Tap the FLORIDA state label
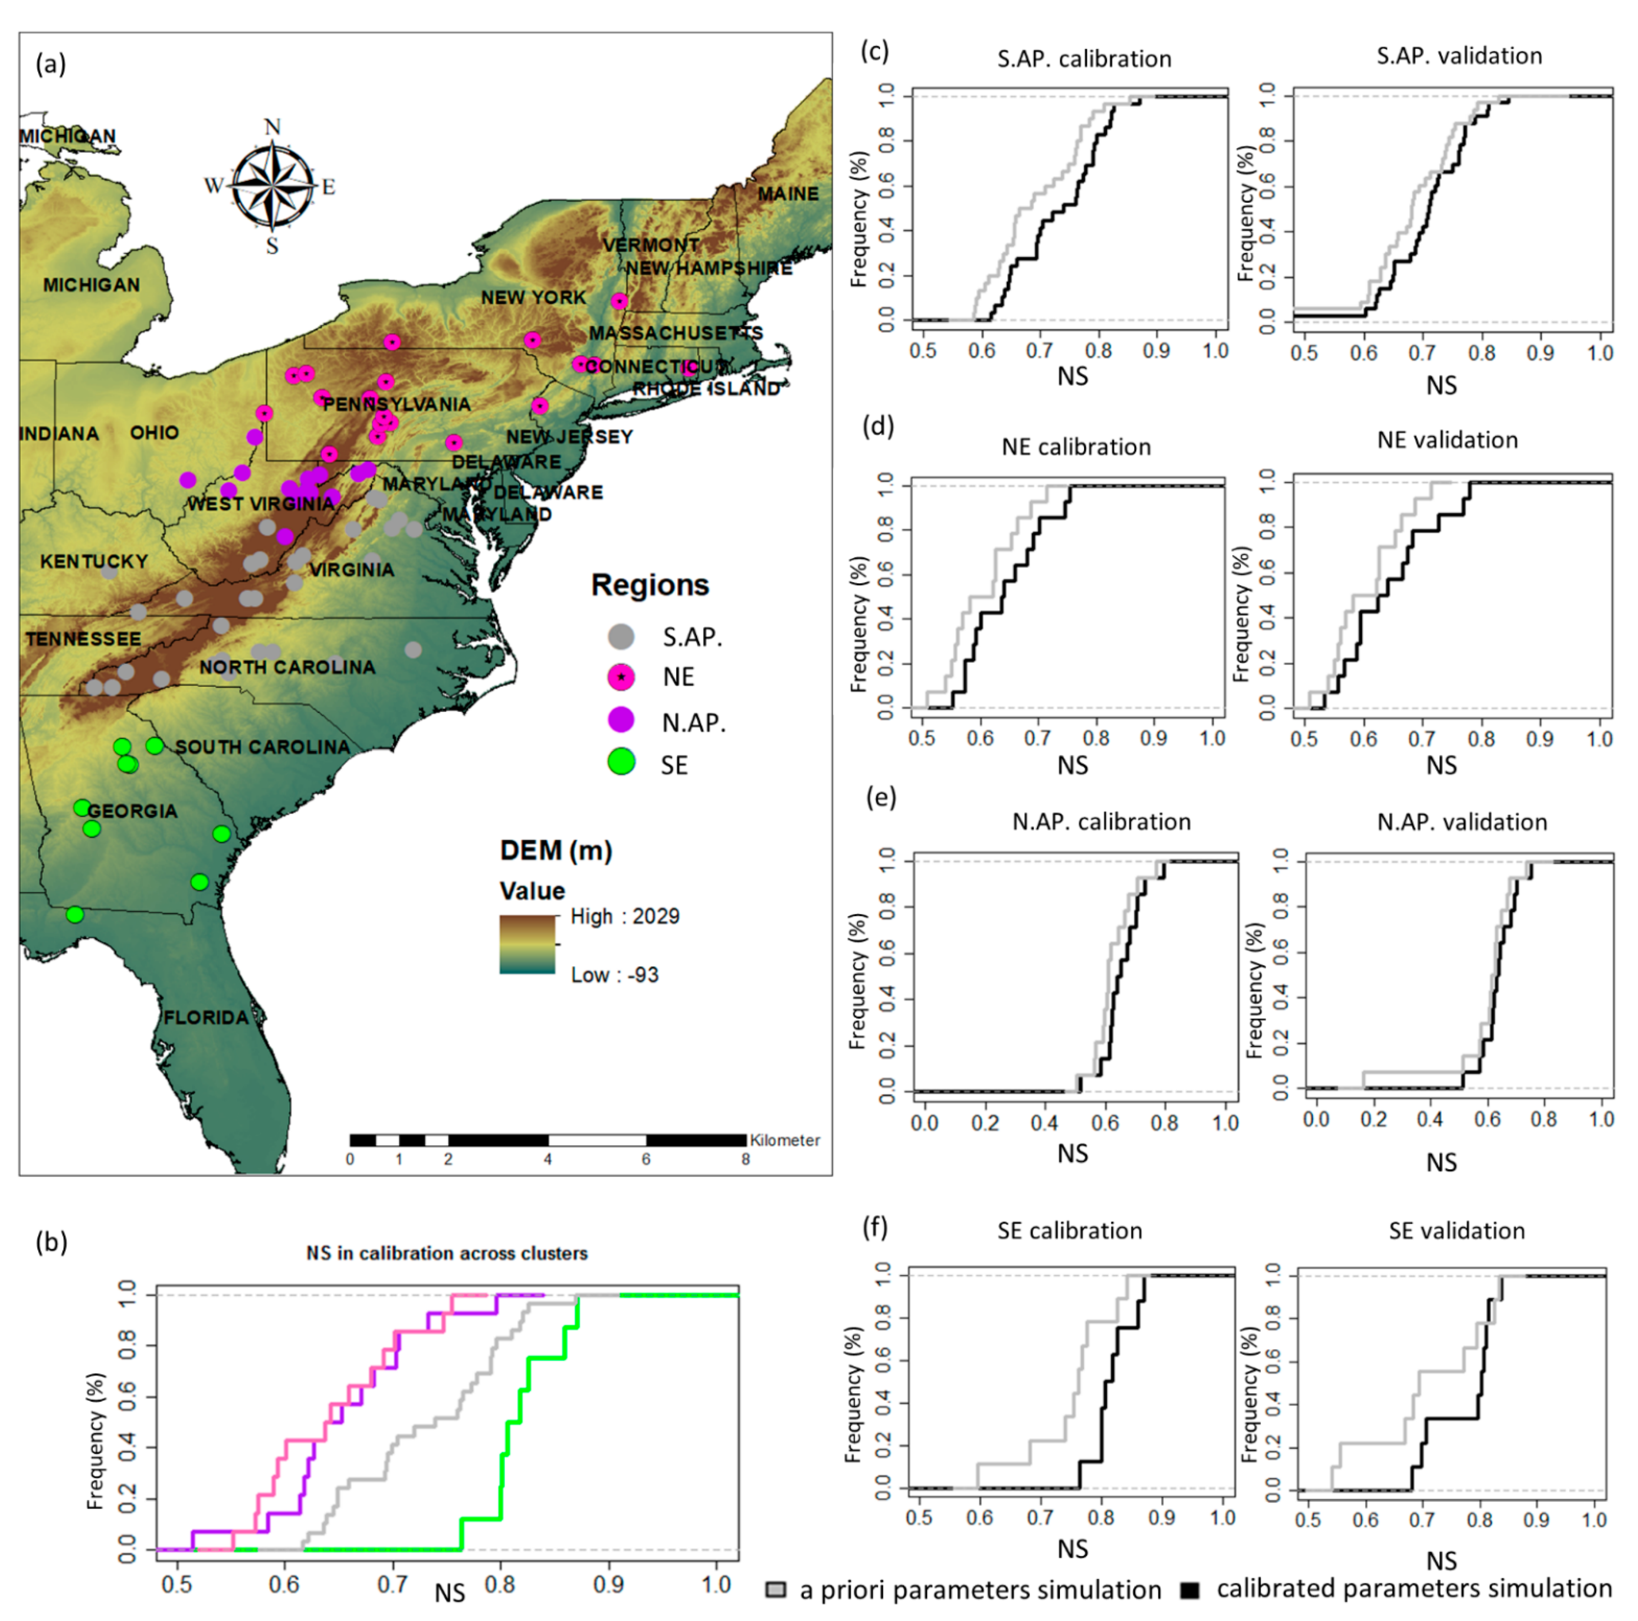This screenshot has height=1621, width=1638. [x=206, y=1017]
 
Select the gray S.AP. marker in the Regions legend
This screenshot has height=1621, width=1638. [x=622, y=636]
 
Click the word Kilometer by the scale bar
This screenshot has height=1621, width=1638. [x=784, y=1140]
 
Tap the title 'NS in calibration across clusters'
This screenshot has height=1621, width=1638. [x=447, y=1253]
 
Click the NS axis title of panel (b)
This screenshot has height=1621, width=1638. [x=449, y=1592]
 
